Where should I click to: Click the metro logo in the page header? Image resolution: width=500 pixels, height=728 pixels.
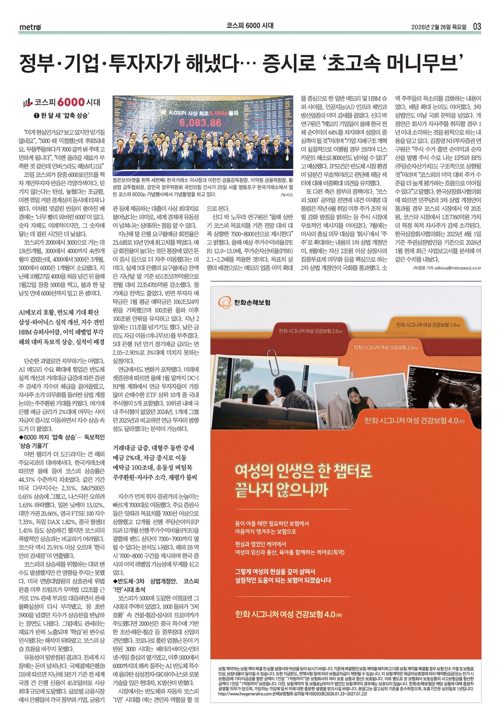click(x=30, y=27)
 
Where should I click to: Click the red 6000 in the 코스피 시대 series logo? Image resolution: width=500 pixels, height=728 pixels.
click(x=71, y=102)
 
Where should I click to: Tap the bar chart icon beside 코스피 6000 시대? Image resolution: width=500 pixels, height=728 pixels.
click(x=27, y=103)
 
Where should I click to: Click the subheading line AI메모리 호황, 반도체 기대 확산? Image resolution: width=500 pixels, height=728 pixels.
click(x=58, y=312)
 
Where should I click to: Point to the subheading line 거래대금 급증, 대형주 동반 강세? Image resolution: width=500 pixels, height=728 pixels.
click(x=153, y=448)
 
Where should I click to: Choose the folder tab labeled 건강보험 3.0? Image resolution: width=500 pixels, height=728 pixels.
click(x=384, y=347)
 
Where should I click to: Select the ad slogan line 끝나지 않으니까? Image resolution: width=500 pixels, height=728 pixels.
click(x=281, y=490)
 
